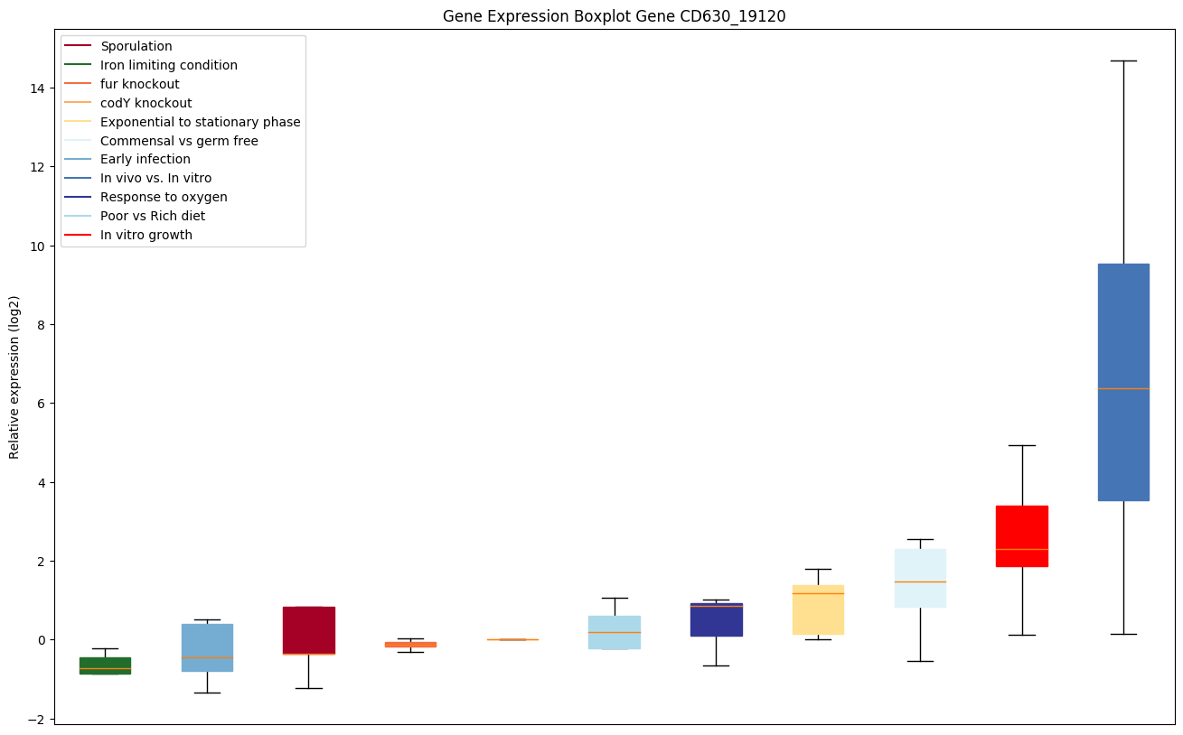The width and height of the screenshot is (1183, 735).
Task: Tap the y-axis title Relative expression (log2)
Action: click(14, 377)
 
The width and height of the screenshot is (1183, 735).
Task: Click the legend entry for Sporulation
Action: click(136, 46)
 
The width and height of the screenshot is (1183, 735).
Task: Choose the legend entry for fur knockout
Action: click(139, 84)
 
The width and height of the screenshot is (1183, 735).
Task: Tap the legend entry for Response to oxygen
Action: click(164, 197)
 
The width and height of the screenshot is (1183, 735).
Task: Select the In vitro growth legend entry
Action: click(146, 235)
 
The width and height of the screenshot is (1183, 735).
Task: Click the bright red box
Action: click(1021, 535)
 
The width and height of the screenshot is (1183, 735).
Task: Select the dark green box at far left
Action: click(105, 665)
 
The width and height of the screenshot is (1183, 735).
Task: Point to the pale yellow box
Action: click(818, 609)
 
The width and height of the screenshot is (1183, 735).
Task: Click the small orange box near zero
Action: click(410, 644)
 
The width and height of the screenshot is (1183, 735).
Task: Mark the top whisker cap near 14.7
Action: click(1123, 60)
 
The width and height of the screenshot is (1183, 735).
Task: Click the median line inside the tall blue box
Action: click(1123, 388)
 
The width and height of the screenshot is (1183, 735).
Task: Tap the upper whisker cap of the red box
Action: click(1021, 445)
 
